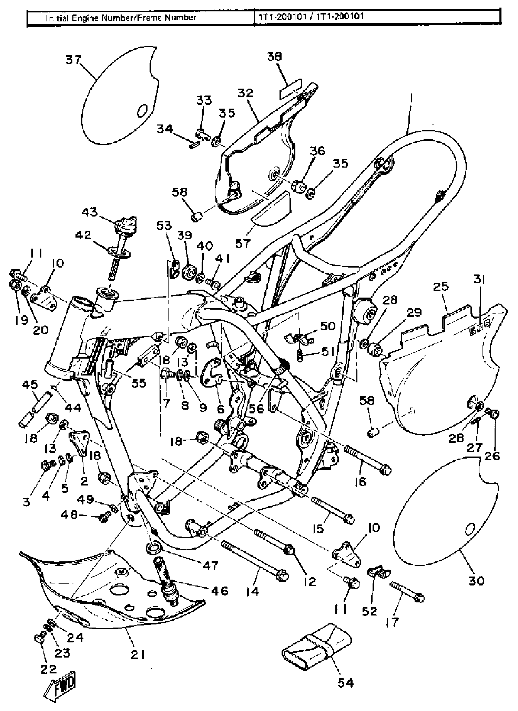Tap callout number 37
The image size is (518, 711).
coord(73,60)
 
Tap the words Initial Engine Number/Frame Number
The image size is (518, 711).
coord(121,18)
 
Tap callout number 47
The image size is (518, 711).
coord(210,565)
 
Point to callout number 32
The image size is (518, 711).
coord(245,93)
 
